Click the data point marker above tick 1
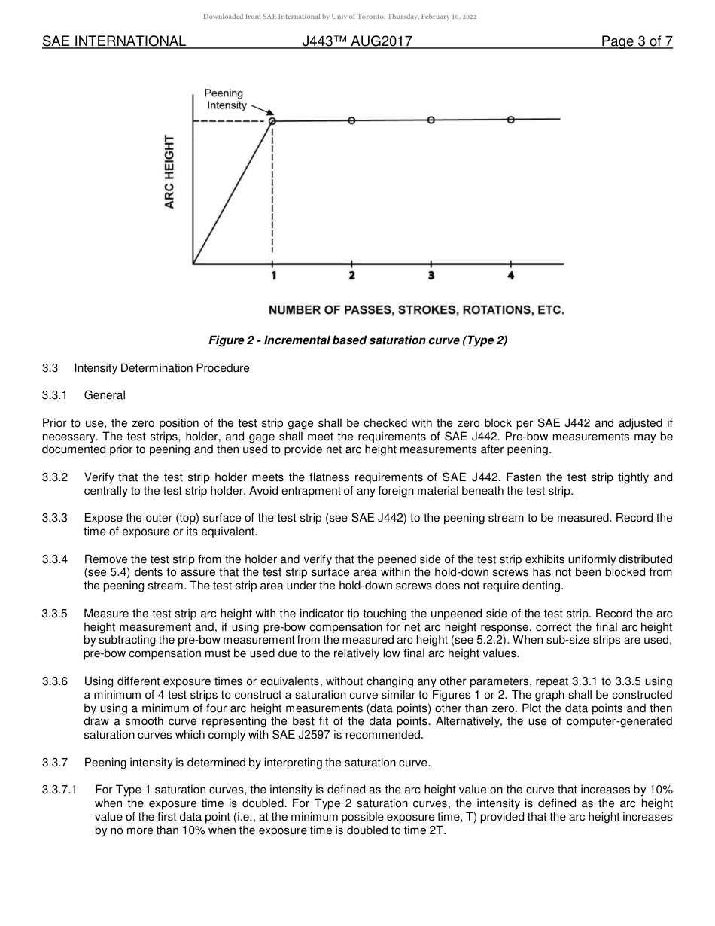pos(272,120)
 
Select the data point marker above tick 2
pos(351,120)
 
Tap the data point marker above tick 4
pos(511,120)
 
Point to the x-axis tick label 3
pos(431,276)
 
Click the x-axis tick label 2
pos(351,276)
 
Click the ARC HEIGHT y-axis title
pos(170,172)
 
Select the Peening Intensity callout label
pos(226,99)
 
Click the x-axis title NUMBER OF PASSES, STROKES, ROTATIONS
pos(416,310)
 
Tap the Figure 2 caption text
pos(357,340)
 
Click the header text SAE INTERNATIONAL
pos(114,42)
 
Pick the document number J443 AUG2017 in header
pos(357,42)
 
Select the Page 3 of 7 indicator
pos(637,42)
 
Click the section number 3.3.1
pos(55,395)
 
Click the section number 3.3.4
pos(55,559)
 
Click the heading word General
pos(105,395)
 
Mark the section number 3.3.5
pos(55,614)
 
